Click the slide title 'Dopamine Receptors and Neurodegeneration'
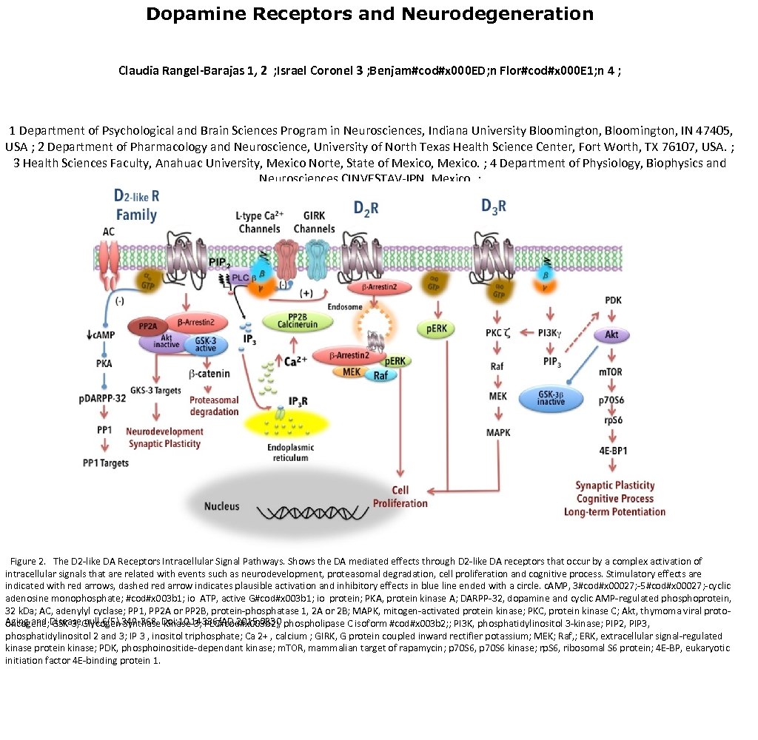tap(369, 14)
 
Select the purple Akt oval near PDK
tap(611, 335)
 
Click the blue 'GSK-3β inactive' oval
tap(551, 397)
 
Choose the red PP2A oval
tap(150, 326)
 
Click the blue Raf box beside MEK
tap(380, 375)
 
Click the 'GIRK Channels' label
tap(314, 223)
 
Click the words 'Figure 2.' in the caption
tap(29, 562)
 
